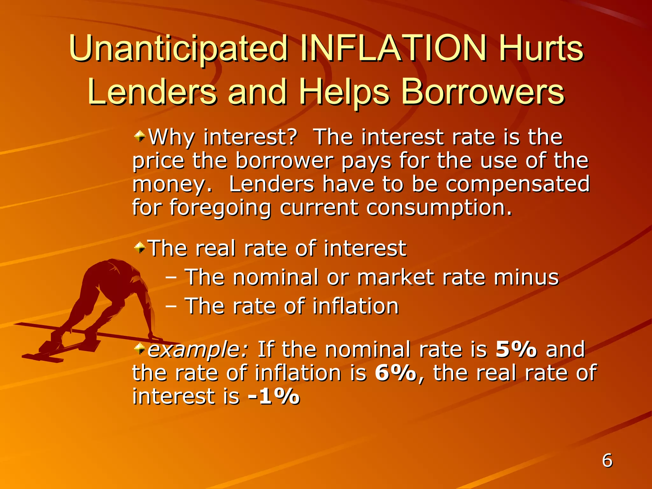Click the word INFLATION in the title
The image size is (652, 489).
click(393, 48)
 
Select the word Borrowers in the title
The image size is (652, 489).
click(482, 92)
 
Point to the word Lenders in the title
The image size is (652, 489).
click(152, 92)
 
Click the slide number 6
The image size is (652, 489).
click(607, 461)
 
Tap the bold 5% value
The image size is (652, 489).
click(516, 349)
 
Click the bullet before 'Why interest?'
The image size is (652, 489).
click(139, 137)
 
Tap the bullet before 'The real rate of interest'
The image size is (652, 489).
click(139, 247)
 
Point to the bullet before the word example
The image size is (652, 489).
click(139, 349)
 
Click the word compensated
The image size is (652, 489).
click(517, 184)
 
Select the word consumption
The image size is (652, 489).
click(439, 208)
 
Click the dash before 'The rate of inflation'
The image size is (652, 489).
click(171, 306)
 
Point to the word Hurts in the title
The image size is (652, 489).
click(541, 48)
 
